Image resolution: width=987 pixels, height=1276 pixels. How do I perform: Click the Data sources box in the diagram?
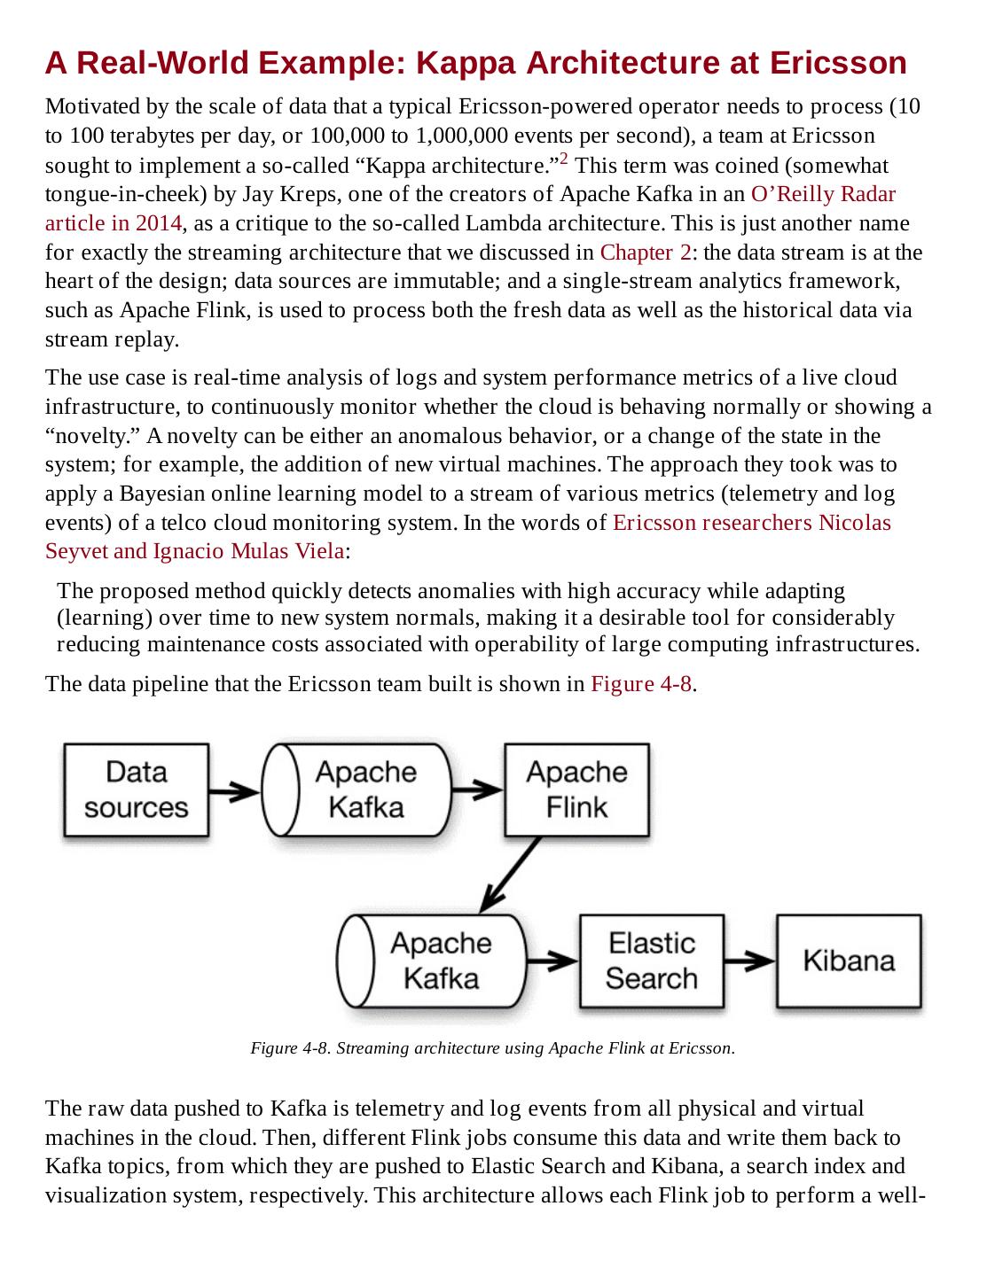(137, 790)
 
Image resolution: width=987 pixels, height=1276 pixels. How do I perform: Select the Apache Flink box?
(576, 790)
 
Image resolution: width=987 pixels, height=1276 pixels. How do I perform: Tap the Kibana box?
(849, 961)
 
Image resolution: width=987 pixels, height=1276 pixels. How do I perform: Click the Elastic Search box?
(652, 961)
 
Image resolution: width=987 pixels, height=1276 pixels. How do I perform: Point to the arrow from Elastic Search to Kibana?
(749, 961)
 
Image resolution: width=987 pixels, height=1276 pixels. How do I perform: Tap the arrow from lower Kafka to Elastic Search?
(552, 961)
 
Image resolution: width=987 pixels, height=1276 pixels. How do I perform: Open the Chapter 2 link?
(645, 253)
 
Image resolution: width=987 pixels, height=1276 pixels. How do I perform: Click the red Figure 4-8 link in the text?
(640, 684)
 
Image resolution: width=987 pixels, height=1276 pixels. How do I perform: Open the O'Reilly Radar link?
(823, 194)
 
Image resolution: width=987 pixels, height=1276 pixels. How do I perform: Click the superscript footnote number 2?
(563, 160)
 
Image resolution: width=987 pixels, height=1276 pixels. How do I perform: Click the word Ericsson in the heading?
(838, 63)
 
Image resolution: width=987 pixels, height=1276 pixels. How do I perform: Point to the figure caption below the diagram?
(492, 1048)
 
